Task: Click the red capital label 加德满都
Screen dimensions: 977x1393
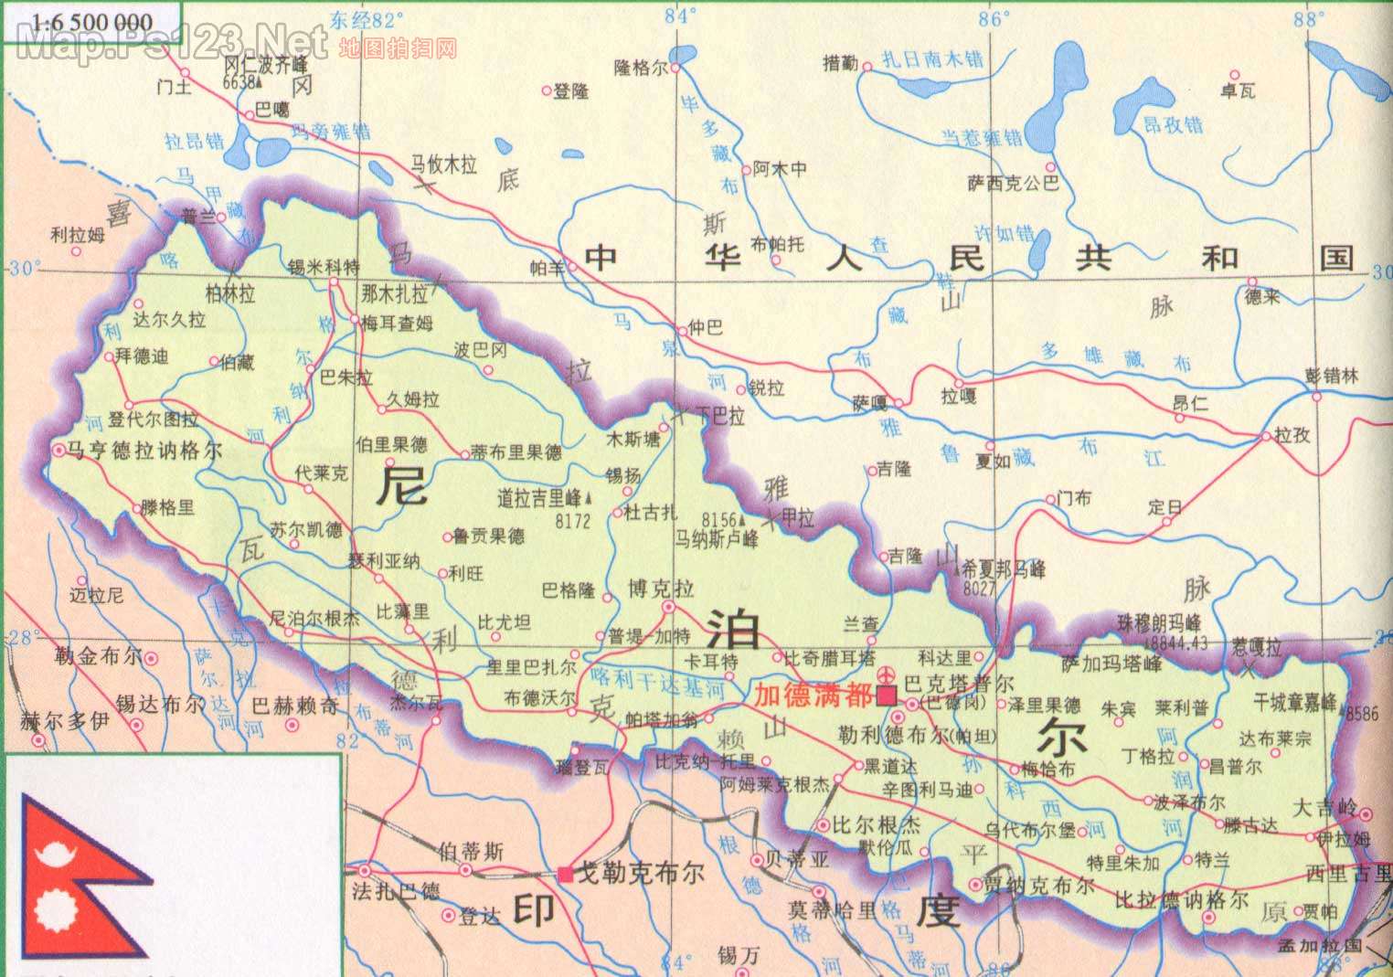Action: tap(812, 696)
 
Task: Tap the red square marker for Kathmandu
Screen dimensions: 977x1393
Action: tap(885, 696)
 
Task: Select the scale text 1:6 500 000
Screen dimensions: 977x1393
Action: tap(80, 22)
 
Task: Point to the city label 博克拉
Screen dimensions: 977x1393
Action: tap(660, 588)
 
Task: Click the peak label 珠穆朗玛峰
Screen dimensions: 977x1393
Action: tap(1158, 623)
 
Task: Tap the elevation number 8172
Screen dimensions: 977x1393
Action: tap(573, 521)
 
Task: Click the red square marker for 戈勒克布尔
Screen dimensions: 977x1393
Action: tap(567, 874)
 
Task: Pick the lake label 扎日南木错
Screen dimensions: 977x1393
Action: tap(931, 59)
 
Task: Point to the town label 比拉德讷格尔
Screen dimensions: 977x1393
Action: tap(1181, 899)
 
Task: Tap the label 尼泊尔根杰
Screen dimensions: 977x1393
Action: tap(314, 619)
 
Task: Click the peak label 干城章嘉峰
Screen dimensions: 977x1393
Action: tap(1294, 702)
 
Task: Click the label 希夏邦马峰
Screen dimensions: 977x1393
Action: tap(1003, 569)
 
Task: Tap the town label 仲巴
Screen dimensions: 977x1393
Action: tap(705, 327)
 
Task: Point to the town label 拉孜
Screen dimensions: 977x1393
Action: tap(1292, 435)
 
